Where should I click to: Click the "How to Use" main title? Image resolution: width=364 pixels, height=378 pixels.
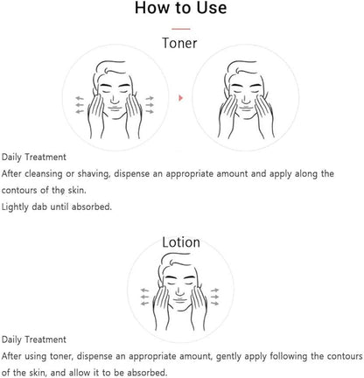pyautogui.click(x=180, y=8)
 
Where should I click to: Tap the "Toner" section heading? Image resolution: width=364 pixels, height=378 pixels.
pyautogui.click(x=179, y=43)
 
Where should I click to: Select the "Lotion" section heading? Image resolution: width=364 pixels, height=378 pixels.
pyautogui.click(x=181, y=242)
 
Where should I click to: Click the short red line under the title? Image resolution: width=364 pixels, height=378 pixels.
pyautogui.click(x=181, y=29)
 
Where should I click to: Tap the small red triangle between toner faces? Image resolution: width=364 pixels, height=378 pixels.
pyautogui.click(x=181, y=98)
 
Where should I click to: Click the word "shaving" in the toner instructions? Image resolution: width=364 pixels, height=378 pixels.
pyautogui.click(x=94, y=174)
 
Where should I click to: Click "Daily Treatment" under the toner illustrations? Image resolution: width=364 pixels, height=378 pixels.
pyautogui.click(x=34, y=157)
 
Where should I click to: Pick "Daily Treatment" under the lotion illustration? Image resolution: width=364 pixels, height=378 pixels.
pyautogui.click(x=34, y=339)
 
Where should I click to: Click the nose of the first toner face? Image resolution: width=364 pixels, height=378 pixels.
pyautogui.click(x=115, y=99)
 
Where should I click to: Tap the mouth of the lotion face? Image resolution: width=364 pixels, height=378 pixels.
pyautogui.click(x=180, y=300)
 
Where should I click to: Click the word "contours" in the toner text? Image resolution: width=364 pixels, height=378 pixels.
pyautogui.click(x=20, y=191)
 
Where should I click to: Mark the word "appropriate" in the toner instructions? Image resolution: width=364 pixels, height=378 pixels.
pyautogui.click(x=190, y=174)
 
